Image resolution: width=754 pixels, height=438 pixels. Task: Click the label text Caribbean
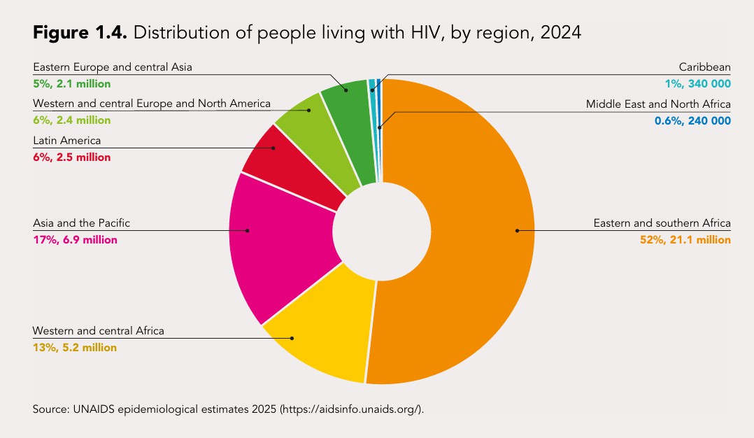[704, 68]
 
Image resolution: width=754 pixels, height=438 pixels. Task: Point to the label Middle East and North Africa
[658, 104]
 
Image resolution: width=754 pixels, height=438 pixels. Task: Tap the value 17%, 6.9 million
[75, 240]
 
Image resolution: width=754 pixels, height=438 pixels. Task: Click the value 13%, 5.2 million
[75, 347]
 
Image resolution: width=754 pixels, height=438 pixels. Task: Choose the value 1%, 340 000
[697, 84]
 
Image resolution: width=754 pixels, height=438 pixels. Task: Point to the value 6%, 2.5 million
[71, 157]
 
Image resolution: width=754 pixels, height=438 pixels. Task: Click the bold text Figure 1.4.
[78, 32]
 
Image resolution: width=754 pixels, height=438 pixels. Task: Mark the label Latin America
[67, 141]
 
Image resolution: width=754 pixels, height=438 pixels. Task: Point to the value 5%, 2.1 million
[71, 84]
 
